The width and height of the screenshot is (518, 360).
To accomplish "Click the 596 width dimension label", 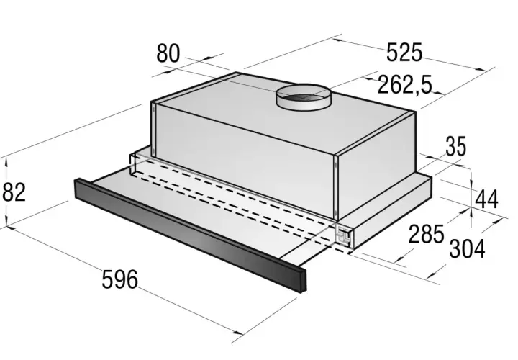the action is click(119, 279).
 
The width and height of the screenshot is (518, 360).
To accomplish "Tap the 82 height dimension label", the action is click(14, 192).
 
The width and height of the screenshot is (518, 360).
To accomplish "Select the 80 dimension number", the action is click(168, 53).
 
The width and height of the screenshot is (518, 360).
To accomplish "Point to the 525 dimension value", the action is click(404, 53).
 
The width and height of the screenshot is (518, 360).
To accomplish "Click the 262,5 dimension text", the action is click(404, 84).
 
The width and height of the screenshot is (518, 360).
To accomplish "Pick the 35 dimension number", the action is click(456, 146).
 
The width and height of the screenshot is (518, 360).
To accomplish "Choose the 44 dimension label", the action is click(486, 199).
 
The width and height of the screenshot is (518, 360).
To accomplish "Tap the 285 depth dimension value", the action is click(426, 234).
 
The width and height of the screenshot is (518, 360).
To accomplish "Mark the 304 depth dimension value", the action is click(467, 248).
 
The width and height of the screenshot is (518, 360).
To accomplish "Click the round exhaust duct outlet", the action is click(304, 97).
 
